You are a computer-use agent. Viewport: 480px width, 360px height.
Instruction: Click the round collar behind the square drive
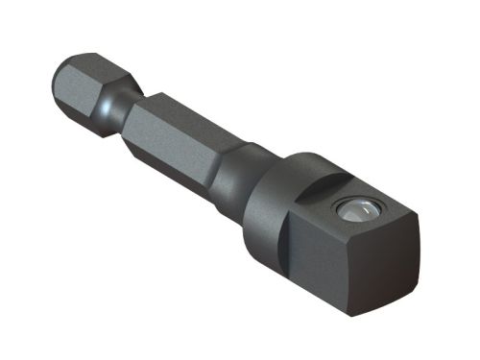pos(274,192)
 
